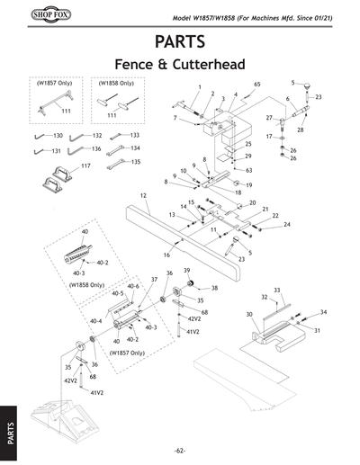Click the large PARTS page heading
(x=180, y=41)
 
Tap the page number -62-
(x=180, y=450)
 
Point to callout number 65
(x=257, y=84)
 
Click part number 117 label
(x=86, y=166)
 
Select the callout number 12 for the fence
(x=143, y=195)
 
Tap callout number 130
(x=58, y=135)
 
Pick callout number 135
(x=135, y=162)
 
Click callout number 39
(x=186, y=270)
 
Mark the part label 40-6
(x=132, y=286)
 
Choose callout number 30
(x=248, y=314)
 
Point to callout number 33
(x=277, y=289)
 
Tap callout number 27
(x=269, y=118)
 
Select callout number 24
(x=287, y=224)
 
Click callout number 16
(x=166, y=255)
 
